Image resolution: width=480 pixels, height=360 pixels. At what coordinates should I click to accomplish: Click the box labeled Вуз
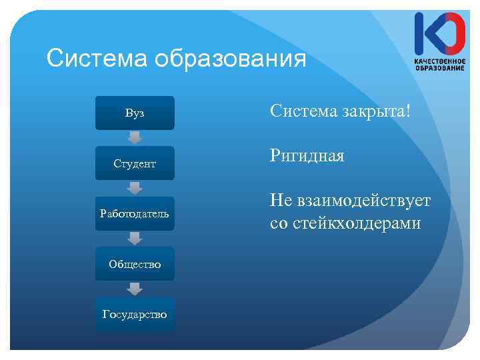(x=135, y=113)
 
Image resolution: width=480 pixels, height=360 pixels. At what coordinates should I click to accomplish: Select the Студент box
(x=135, y=163)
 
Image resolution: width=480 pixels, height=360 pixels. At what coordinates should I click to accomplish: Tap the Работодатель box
(x=135, y=213)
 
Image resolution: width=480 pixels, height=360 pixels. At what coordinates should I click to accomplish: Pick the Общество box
(x=135, y=264)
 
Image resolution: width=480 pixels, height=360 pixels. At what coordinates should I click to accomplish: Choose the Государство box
(x=135, y=314)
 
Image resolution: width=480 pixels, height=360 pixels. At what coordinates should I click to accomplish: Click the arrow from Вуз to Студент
(x=135, y=138)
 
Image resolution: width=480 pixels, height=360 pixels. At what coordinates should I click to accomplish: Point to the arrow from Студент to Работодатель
(x=135, y=188)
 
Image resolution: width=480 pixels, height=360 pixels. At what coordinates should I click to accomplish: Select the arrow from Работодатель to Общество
(x=135, y=239)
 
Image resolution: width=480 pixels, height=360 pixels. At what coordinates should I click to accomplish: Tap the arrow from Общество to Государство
(x=135, y=289)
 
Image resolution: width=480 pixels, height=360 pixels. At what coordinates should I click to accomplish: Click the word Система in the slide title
(x=97, y=59)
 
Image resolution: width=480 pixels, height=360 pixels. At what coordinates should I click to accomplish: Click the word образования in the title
(x=230, y=60)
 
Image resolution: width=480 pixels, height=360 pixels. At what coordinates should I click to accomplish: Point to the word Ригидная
(x=307, y=157)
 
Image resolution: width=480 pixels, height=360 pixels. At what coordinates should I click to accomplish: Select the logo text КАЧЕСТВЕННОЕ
(x=439, y=61)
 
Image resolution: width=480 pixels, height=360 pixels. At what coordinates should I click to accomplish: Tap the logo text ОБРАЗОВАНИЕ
(x=439, y=69)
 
